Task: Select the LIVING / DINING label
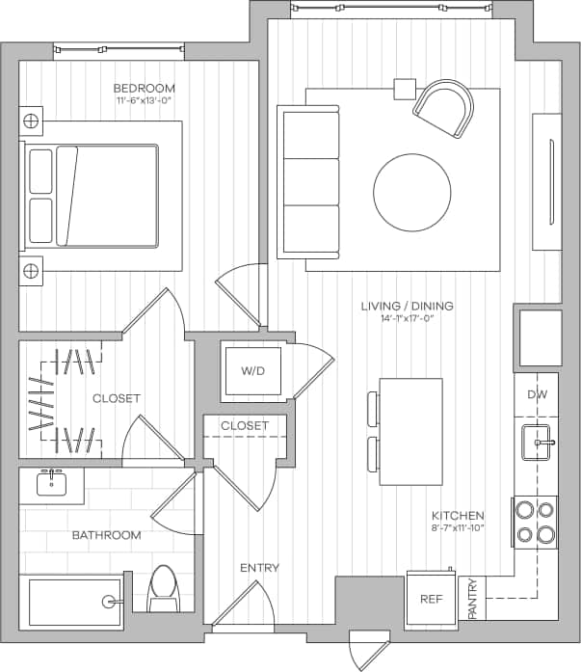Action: click(407, 307)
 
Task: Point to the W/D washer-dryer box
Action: click(252, 370)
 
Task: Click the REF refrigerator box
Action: click(430, 598)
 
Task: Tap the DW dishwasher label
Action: click(537, 395)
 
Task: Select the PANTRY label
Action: click(472, 598)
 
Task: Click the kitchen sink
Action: click(537, 443)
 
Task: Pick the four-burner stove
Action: click(536, 522)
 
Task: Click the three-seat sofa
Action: click(307, 181)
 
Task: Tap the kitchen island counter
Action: click(410, 431)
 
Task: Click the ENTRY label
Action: click(259, 568)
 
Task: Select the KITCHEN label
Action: click(458, 516)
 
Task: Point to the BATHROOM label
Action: click(106, 535)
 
